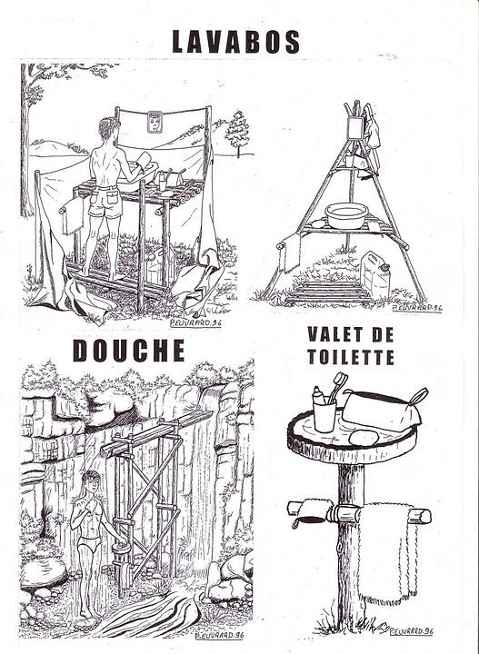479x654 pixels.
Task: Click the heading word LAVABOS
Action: [236, 42]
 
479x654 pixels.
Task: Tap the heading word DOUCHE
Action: [129, 351]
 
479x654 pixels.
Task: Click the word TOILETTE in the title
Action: [351, 358]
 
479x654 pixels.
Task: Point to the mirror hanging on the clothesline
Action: [155, 122]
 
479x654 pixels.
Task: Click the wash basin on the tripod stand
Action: [346, 215]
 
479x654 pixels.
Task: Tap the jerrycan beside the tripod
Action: [375, 273]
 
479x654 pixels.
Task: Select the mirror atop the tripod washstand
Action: [356, 127]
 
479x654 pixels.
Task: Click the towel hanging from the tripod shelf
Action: [291, 253]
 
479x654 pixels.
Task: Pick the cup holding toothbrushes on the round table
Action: [324, 414]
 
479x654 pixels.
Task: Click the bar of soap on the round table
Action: [364, 438]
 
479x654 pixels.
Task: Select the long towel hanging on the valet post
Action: [387, 552]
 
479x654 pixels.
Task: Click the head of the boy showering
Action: [91, 481]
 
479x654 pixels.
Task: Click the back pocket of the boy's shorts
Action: [113, 195]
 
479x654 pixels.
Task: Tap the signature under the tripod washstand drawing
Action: [416, 308]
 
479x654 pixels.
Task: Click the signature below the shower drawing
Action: [219, 635]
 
